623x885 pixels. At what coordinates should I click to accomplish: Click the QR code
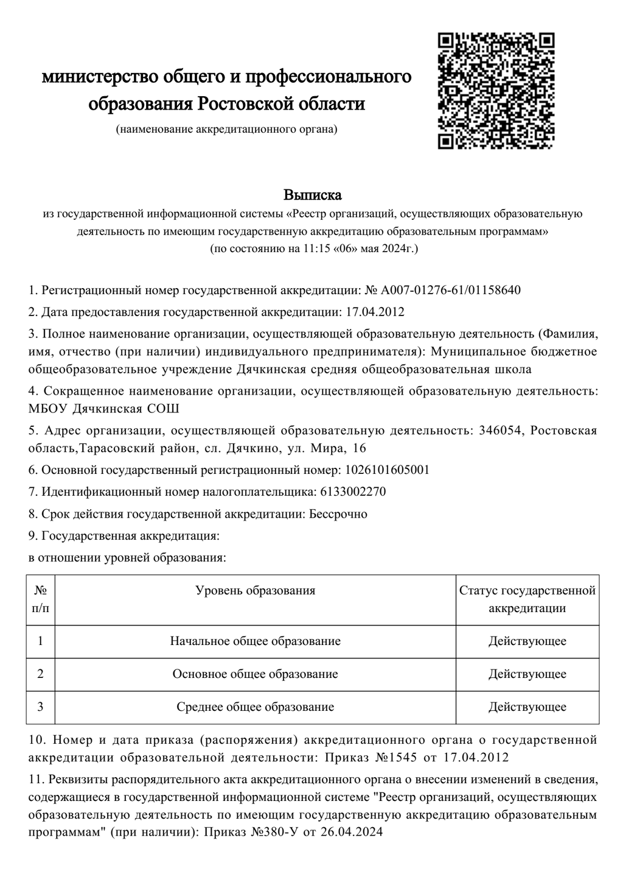(496, 91)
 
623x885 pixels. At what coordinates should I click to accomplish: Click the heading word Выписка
(313, 195)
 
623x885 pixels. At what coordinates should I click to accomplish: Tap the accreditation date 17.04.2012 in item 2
(375, 312)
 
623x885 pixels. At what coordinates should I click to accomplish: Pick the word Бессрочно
(338, 513)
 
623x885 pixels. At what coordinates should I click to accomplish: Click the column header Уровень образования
(256, 590)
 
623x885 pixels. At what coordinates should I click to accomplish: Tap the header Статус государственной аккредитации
(527, 599)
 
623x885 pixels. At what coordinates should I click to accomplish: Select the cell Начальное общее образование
(256, 641)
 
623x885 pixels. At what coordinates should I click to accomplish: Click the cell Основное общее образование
(256, 674)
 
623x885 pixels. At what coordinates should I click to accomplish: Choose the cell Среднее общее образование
(256, 707)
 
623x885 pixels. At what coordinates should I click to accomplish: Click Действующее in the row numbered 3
(527, 707)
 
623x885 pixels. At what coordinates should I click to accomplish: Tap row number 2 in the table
(41, 674)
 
